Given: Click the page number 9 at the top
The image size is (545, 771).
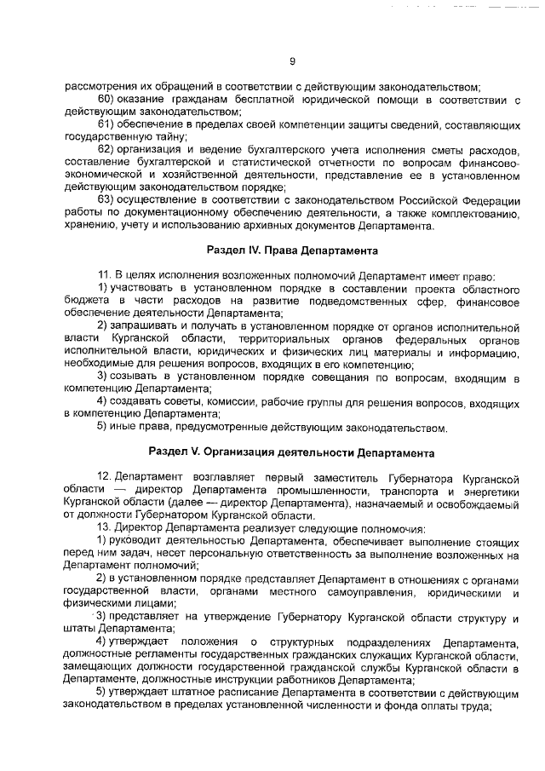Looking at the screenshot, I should [291, 60].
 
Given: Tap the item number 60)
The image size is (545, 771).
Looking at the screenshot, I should [106, 100].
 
